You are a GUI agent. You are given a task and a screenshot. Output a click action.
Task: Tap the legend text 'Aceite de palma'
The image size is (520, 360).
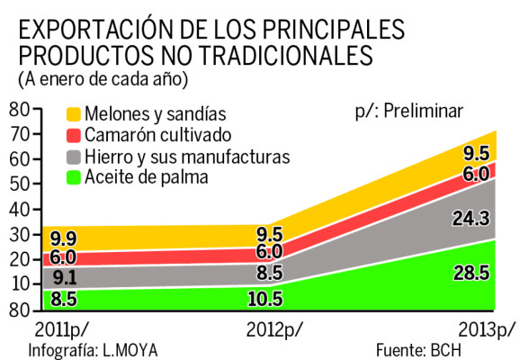(x=147, y=178)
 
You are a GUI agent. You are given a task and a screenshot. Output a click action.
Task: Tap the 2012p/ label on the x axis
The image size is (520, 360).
(x=273, y=328)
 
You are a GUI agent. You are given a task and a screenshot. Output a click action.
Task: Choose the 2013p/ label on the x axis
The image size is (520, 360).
(x=487, y=328)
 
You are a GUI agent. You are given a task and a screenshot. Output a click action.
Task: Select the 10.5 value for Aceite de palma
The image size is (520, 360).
(x=264, y=298)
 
